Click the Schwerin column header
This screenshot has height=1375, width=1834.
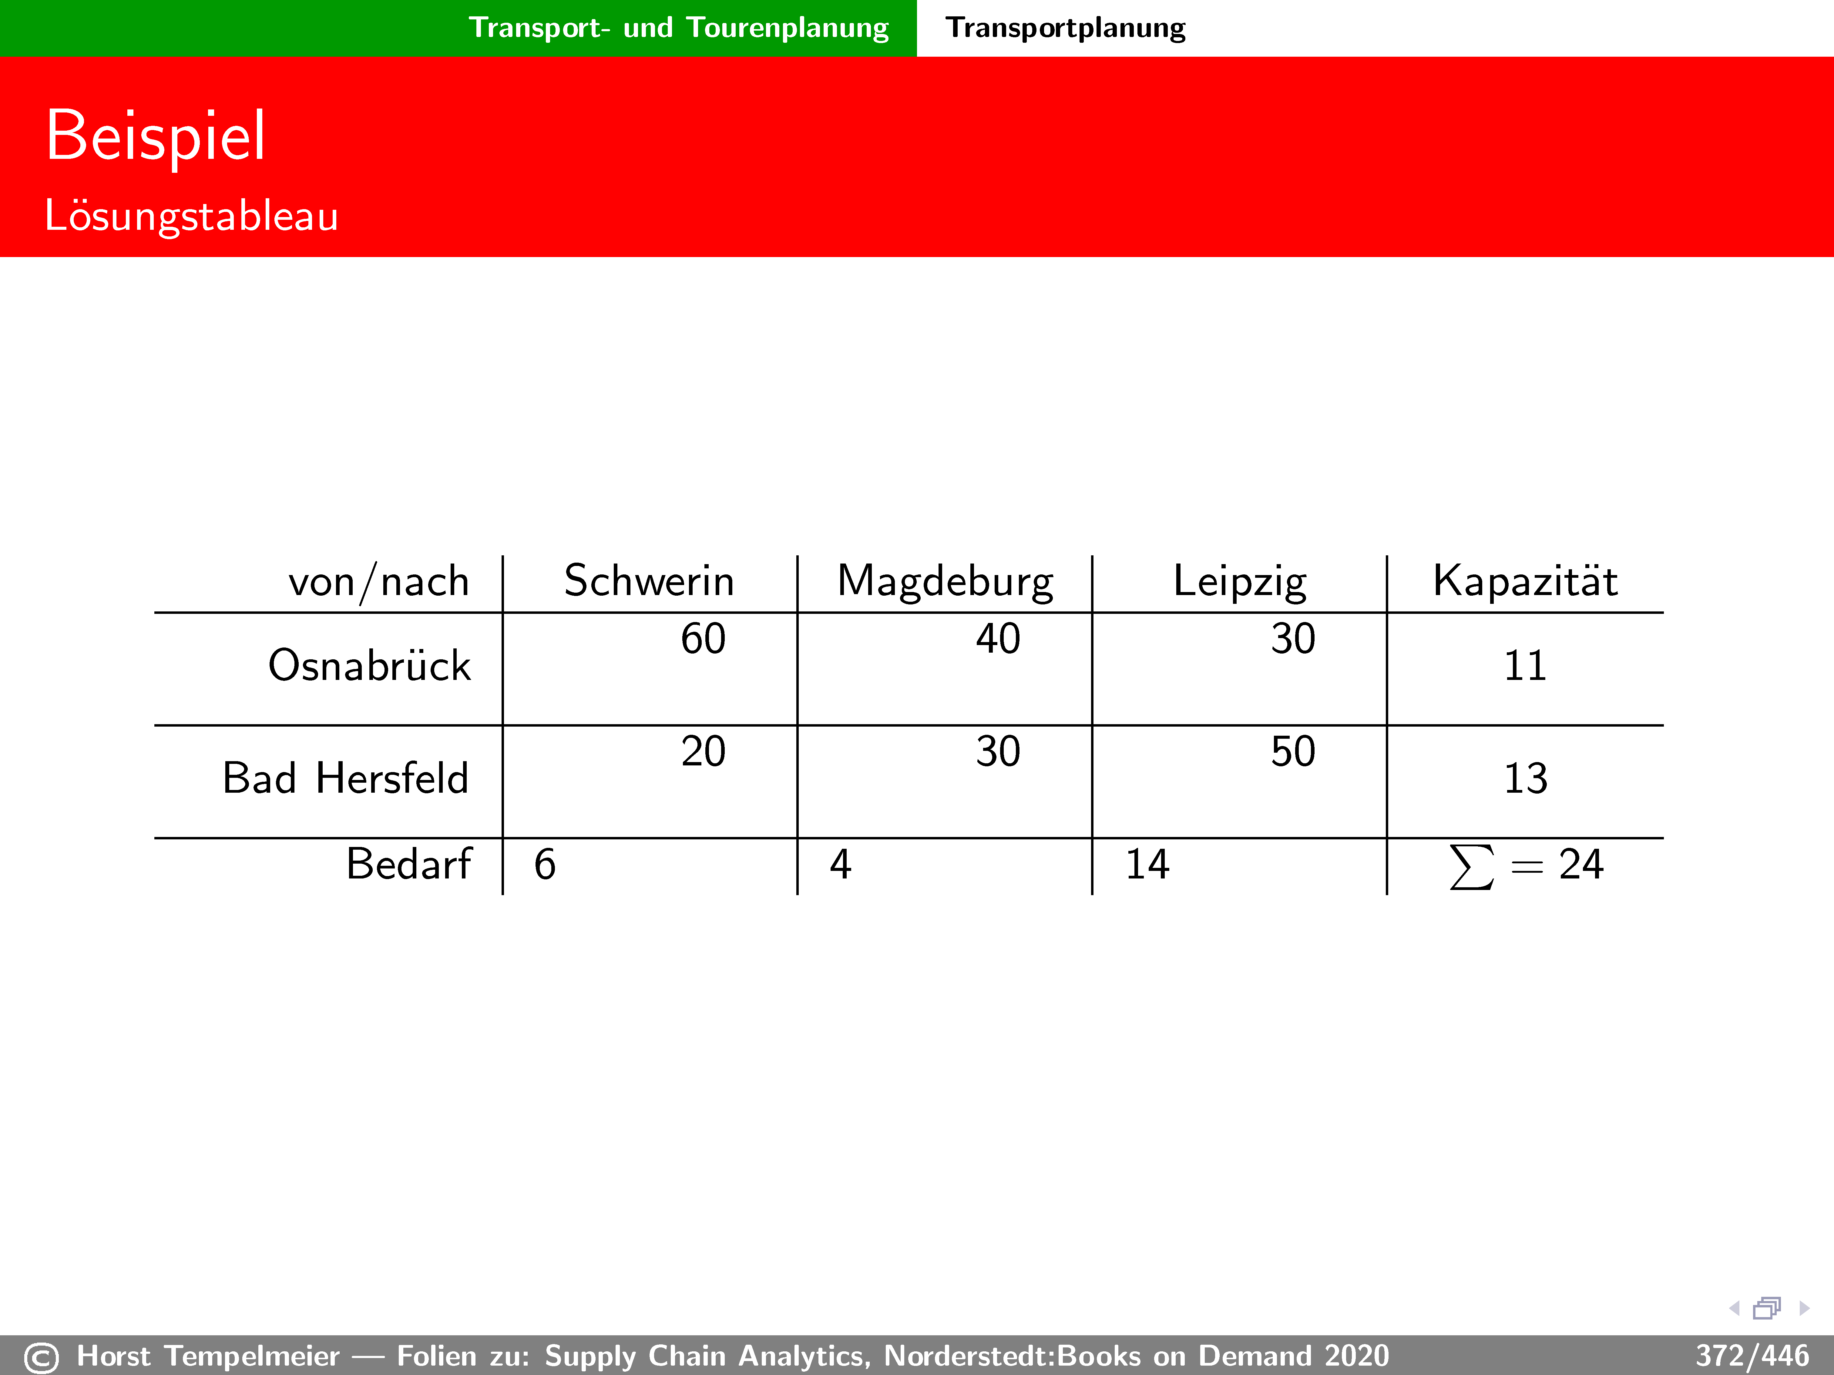click(x=649, y=580)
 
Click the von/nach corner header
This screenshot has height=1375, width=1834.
click(x=379, y=582)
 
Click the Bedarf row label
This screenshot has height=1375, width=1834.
click(x=409, y=864)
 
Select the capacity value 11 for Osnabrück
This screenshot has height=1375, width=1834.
click(x=1526, y=666)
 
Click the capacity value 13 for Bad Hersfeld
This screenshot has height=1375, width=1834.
click(x=1526, y=778)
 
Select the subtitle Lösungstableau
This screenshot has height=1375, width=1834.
click(x=192, y=216)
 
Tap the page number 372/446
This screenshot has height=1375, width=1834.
click(x=1752, y=1356)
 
